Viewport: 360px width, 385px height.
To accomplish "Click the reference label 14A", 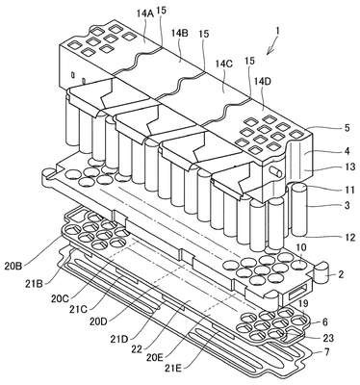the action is click(145, 13).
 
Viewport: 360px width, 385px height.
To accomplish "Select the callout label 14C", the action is click(224, 64).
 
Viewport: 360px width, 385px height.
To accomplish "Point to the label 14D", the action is click(263, 81).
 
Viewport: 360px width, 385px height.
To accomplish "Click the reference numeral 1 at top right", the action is click(278, 31).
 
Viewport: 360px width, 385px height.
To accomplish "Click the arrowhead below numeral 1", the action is click(269, 52).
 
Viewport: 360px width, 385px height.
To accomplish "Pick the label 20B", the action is click(14, 266).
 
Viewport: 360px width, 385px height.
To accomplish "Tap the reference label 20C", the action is click(60, 298).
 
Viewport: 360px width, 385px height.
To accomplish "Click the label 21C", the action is click(79, 310).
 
